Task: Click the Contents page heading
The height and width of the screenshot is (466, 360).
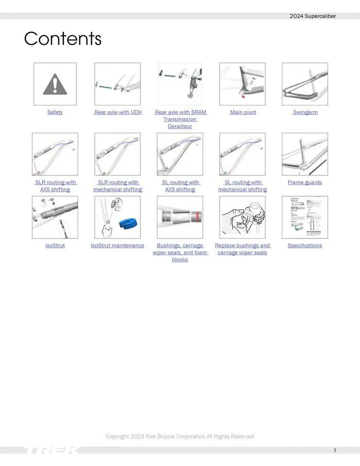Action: coord(63,39)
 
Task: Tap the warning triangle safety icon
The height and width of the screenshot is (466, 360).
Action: coord(55,84)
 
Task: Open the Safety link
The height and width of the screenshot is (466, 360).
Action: coord(55,112)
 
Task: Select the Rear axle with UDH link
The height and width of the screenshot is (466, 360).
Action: coord(118,112)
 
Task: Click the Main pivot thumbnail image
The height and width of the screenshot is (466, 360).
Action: coord(242,84)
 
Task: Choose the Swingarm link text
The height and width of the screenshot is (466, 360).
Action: coord(305,112)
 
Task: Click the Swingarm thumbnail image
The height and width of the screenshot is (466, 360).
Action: coord(305,84)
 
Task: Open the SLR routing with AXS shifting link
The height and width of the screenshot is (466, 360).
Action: coord(55,186)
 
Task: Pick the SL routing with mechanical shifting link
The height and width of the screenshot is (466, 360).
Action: coord(242,186)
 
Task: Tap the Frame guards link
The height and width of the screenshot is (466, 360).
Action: coord(305,183)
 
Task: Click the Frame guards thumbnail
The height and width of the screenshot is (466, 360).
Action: coord(305,154)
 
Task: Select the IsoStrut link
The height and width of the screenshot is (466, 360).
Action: coord(55,246)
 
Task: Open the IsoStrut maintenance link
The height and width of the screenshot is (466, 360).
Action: coord(118,246)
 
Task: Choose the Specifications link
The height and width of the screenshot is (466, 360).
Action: coord(305,246)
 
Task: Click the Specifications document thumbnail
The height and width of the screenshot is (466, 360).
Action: coord(305,217)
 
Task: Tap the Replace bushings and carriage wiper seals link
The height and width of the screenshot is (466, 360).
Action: coord(242,249)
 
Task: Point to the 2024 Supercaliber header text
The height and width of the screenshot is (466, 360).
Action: coord(313,16)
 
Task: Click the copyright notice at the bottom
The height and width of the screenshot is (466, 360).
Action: coord(179,437)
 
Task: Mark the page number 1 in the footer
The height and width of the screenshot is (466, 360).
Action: coord(335,451)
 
